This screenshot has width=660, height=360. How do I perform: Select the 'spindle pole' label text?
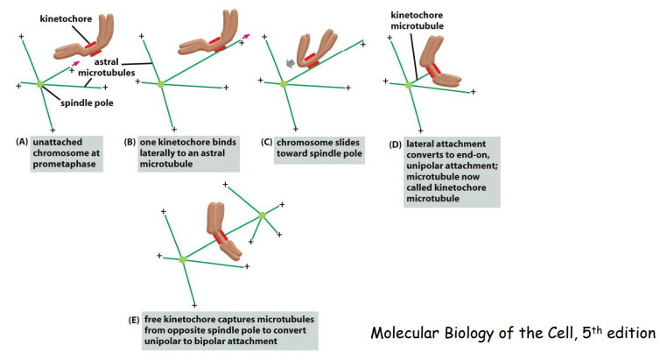(89, 102)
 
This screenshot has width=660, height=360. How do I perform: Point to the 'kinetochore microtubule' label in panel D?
(417, 20)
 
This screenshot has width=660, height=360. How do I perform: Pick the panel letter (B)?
(130, 142)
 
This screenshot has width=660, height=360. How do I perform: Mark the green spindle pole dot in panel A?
(39, 84)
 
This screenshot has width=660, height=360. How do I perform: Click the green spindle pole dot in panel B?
(160, 84)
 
